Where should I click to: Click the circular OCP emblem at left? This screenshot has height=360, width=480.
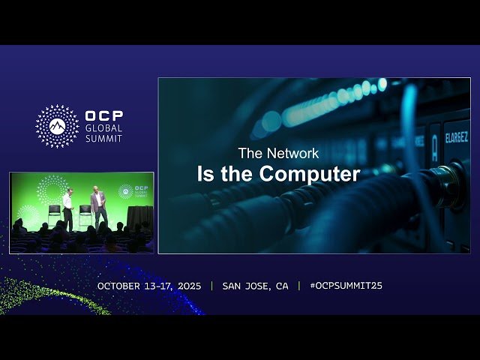[x=57, y=126]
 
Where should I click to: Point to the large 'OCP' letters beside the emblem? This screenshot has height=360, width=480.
[x=104, y=116]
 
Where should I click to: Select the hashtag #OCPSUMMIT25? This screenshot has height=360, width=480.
[x=346, y=286]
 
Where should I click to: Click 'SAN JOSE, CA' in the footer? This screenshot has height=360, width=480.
[x=255, y=286]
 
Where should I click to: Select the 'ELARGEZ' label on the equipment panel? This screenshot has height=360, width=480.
[x=456, y=137]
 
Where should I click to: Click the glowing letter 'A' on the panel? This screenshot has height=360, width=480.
[x=434, y=148]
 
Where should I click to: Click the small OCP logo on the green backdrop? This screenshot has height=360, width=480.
[x=126, y=191]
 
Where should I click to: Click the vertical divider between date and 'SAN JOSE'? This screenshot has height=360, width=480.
[x=211, y=286]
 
